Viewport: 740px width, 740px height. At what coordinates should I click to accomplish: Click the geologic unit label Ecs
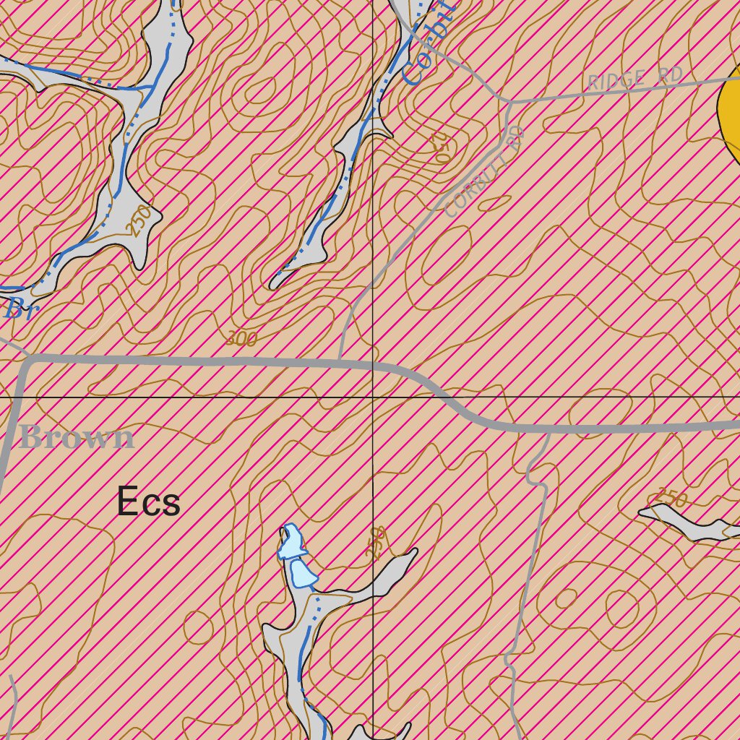148,502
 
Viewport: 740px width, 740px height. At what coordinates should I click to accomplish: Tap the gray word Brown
77,438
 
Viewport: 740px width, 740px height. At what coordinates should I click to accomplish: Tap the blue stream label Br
20,309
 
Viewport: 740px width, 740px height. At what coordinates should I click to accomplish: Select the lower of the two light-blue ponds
302,575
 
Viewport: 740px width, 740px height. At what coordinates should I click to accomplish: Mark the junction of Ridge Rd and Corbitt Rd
511,101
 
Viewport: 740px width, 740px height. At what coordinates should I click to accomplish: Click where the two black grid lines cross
372,397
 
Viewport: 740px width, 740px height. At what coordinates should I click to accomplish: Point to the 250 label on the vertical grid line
375,543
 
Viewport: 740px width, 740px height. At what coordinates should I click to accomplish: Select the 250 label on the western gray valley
141,220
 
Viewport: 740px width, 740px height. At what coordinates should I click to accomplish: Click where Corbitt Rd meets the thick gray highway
340,359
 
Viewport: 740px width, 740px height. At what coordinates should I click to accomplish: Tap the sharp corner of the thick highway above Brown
26,360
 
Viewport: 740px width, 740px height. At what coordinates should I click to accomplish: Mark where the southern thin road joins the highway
548,429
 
